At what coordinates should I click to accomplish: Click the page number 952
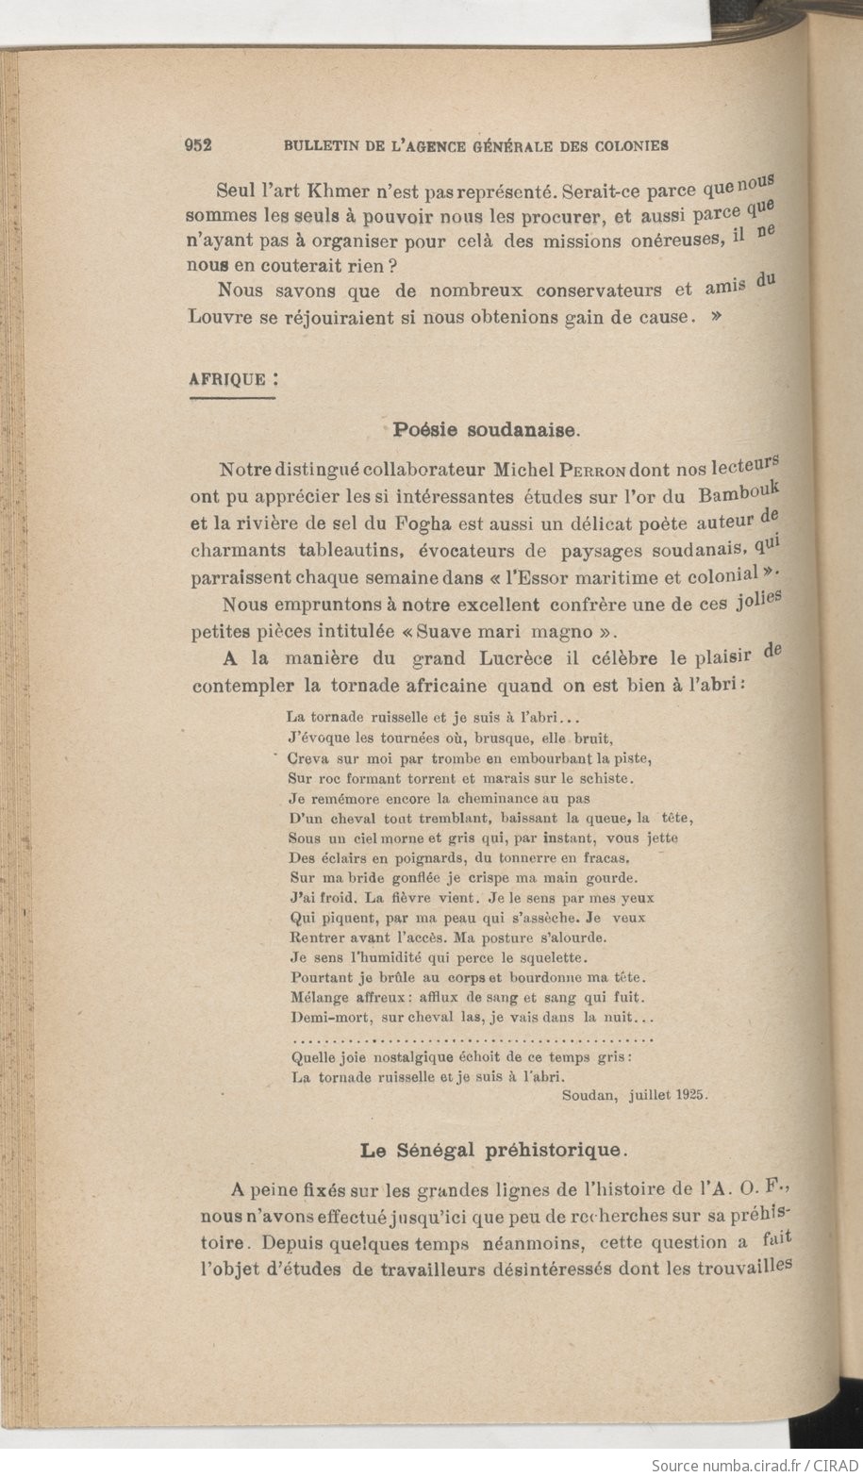tap(198, 145)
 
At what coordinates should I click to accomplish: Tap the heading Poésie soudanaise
tap(486, 430)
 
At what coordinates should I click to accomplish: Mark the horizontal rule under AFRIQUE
tap(231, 399)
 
